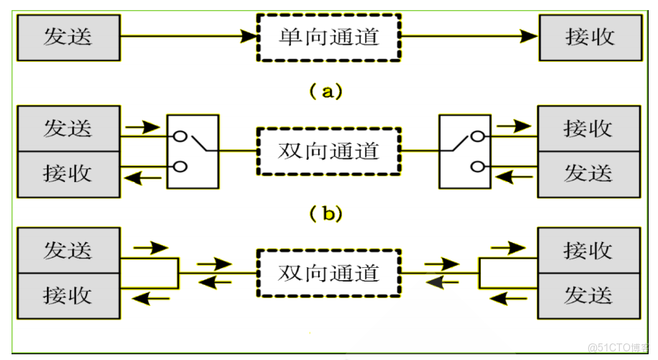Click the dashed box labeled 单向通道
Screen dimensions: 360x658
pos(328,36)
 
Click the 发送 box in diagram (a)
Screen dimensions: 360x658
pos(68,36)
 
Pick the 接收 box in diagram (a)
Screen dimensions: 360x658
pos(589,36)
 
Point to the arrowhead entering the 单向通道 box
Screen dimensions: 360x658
pos(250,35)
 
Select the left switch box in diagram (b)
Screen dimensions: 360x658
pos(192,151)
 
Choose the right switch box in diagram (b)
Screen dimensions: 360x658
pos(464,151)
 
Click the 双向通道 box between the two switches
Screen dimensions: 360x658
pos(328,151)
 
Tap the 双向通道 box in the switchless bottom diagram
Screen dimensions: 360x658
pos(328,273)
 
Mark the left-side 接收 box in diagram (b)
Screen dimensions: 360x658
pos(68,174)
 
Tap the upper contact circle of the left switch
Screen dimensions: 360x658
pos(180,135)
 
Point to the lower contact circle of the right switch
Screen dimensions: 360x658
pos(477,167)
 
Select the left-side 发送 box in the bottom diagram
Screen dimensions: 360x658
pos(68,251)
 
